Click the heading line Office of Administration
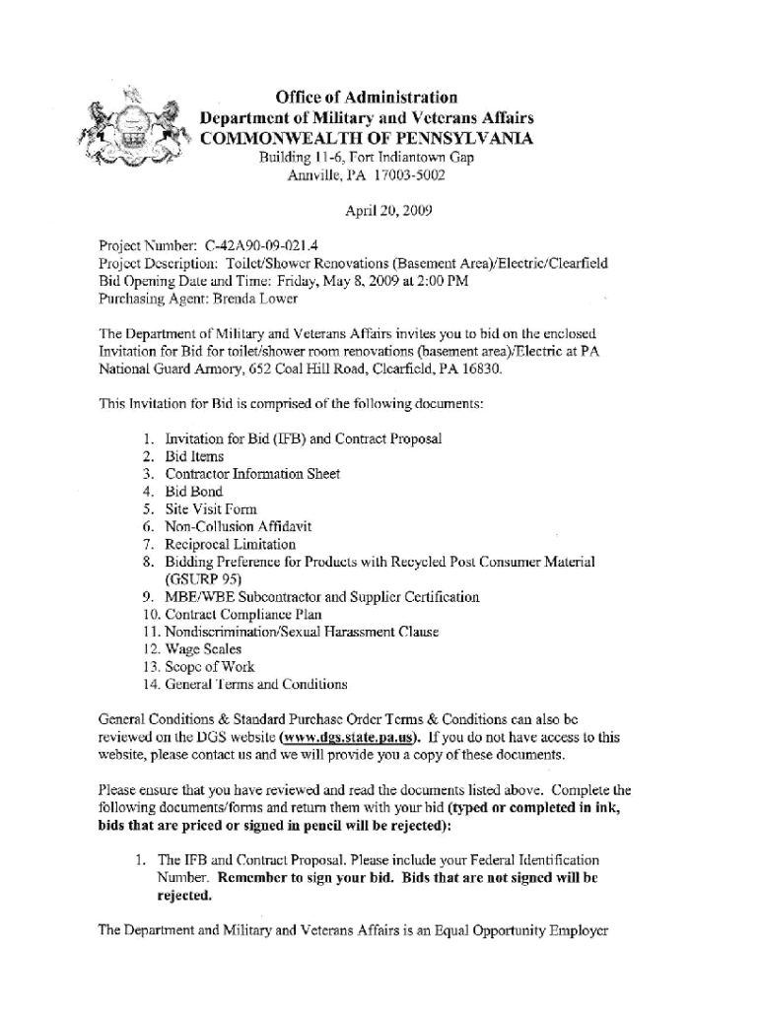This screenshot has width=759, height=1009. point(367,98)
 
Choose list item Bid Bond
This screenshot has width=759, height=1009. point(194,492)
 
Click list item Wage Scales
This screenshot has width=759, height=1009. point(203,649)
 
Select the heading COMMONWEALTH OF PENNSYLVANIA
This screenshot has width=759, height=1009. point(367,139)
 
